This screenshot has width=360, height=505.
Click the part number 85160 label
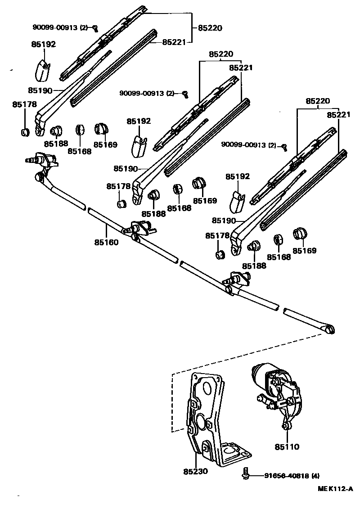point(106,243)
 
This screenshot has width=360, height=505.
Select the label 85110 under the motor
point(287,447)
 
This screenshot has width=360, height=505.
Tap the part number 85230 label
point(195,471)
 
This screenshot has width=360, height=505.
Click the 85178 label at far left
point(24,104)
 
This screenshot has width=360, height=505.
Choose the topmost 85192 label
point(44,45)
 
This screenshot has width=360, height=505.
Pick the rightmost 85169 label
point(304,251)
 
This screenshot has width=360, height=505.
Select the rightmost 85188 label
point(254,266)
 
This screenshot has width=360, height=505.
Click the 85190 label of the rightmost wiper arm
point(224,221)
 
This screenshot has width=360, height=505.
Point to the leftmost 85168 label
point(80,151)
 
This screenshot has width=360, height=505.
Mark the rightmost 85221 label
point(338,115)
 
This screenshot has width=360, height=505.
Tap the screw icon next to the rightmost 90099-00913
point(284,146)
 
